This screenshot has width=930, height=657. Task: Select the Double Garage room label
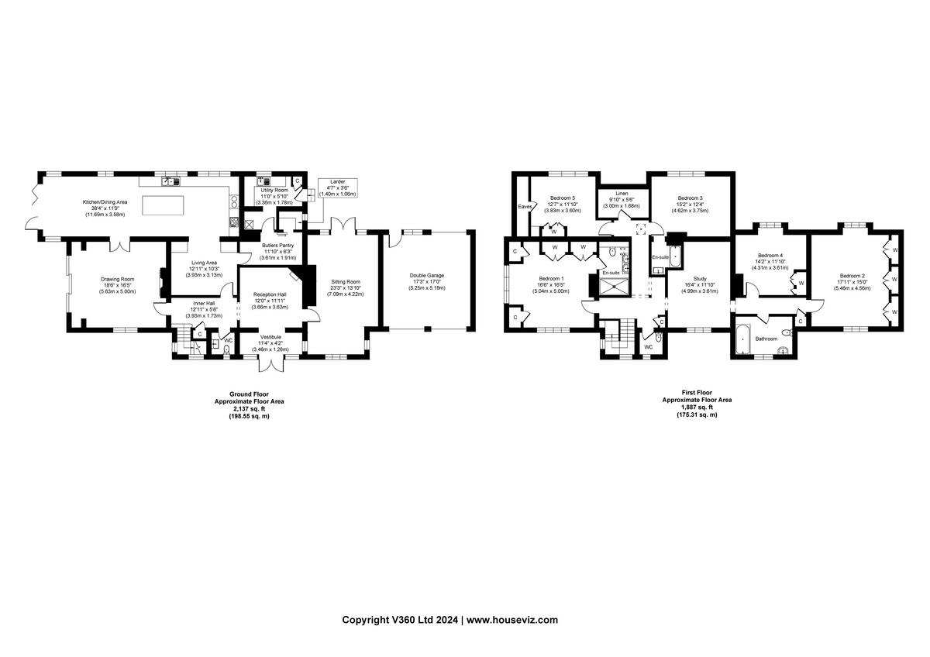426,276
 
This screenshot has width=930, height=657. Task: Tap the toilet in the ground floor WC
226,349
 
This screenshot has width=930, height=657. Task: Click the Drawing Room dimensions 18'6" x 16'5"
117,285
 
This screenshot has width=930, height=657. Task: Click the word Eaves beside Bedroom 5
525,207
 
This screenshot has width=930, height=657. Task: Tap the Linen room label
622,193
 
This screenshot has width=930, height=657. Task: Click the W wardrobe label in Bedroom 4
801,283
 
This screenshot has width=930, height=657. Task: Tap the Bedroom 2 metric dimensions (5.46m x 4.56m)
853,288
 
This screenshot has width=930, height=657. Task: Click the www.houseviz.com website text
512,620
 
